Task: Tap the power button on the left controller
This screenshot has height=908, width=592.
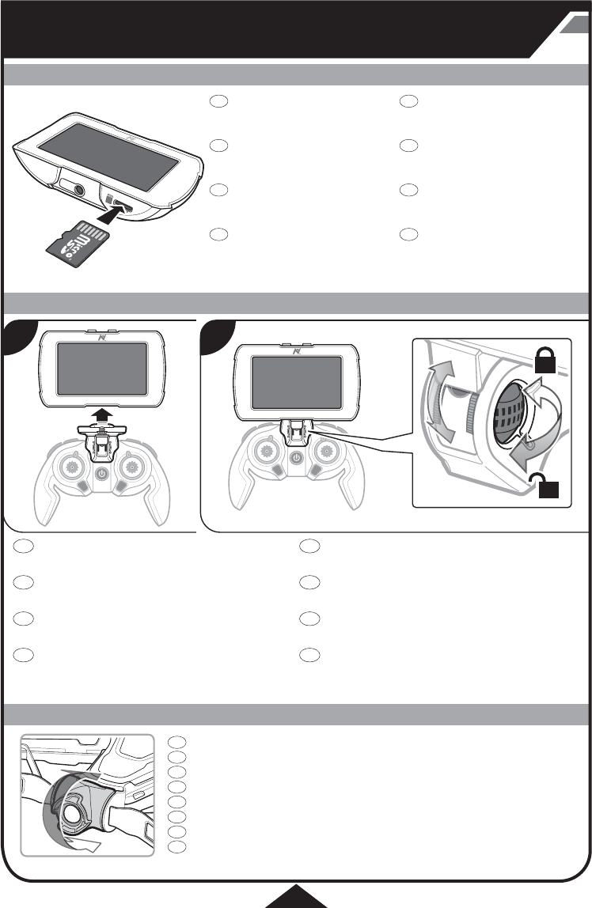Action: (101, 475)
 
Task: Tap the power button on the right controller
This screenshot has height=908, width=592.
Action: (295, 457)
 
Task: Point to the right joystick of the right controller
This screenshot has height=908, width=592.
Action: (325, 448)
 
